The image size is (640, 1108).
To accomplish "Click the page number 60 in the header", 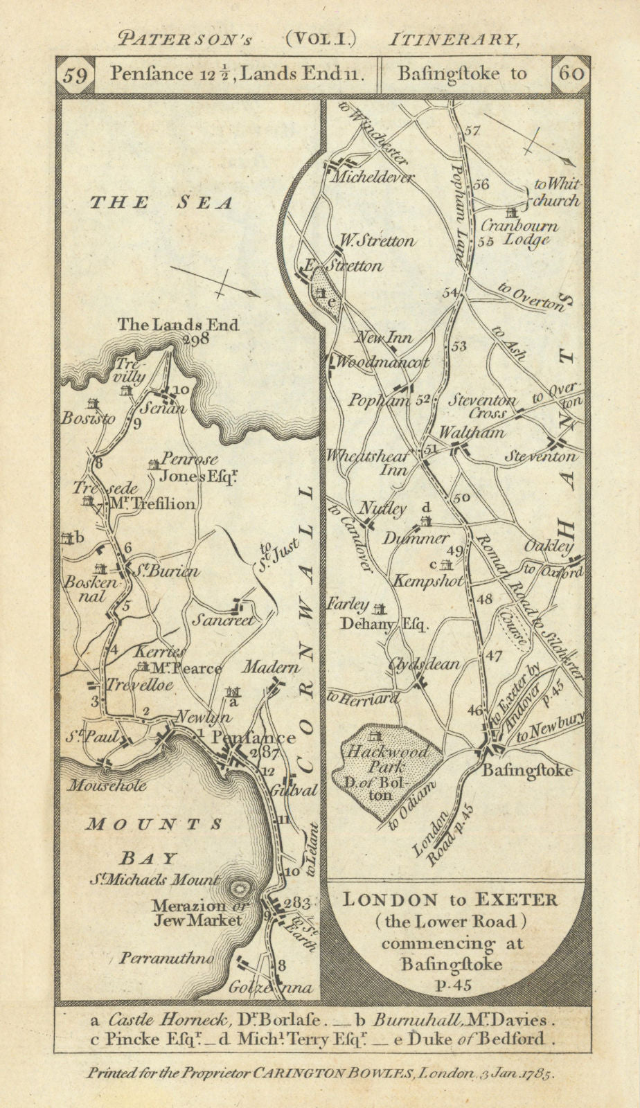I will point(571,73).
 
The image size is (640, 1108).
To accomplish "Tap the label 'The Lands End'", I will point(178,323).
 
